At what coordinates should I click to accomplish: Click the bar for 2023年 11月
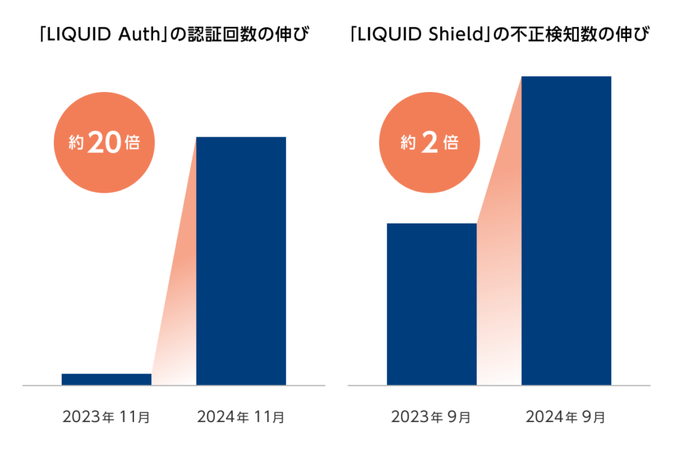[x=106, y=379]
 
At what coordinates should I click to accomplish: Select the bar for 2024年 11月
[x=241, y=260]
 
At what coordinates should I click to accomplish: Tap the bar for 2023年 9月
[x=431, y=304]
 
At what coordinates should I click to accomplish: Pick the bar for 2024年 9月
[x=566, y=230]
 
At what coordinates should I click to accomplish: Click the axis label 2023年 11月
[x=106, y=417]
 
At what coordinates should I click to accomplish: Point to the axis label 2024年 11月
[x=241, y=417]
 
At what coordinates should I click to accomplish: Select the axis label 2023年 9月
[x=431, y=417]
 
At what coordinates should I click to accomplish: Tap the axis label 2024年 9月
[x=566, y=417]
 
